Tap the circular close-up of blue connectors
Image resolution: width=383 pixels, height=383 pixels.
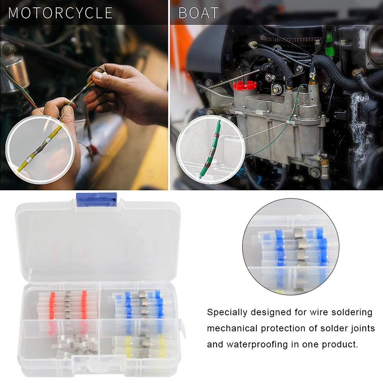point(291,253)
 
